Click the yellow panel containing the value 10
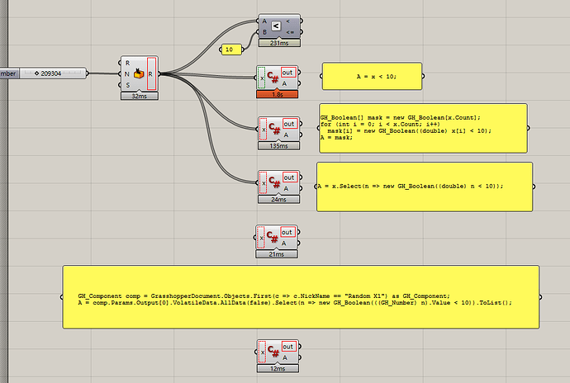pyautogui.click(x=230, y=50)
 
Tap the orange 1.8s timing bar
pyautogui.click(x=279, y=94)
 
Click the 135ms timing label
pyautogui.click(x=279, y=145)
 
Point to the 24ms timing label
pyautogui.click(x=279, y=199)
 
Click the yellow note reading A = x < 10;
pyautogui.click(x=372, y=76)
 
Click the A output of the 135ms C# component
pyautogui.click(x=288, y=135)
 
